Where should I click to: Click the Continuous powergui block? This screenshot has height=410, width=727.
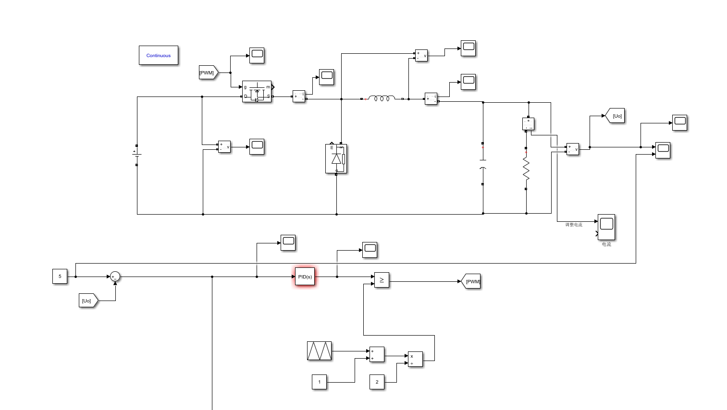(159, 55)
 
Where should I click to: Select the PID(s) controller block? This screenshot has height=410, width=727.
(305, 277)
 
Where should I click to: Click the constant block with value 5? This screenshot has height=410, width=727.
(60, 277)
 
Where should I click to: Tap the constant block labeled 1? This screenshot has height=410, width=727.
(320, 382)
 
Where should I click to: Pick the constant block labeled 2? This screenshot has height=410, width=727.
(377, 382)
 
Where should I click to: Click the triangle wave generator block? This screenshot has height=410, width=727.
(320, 351)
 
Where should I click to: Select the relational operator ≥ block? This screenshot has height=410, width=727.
(382, 280)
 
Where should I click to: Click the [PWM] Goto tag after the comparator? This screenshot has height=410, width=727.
(471, 281)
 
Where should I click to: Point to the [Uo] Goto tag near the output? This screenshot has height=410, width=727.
(616, 116)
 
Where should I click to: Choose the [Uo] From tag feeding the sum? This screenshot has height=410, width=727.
(88, 301)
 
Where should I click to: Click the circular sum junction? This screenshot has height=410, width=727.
(115, 277)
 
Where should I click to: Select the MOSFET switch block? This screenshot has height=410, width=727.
(257, 91)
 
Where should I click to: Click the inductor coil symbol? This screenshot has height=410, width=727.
(382, 98)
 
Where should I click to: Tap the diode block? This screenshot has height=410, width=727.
(336, 158)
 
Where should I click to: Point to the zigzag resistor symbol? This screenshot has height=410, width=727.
(526, 169)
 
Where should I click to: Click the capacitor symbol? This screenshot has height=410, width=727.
(483, 164)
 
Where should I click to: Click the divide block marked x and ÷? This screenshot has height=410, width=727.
(416, 359)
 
